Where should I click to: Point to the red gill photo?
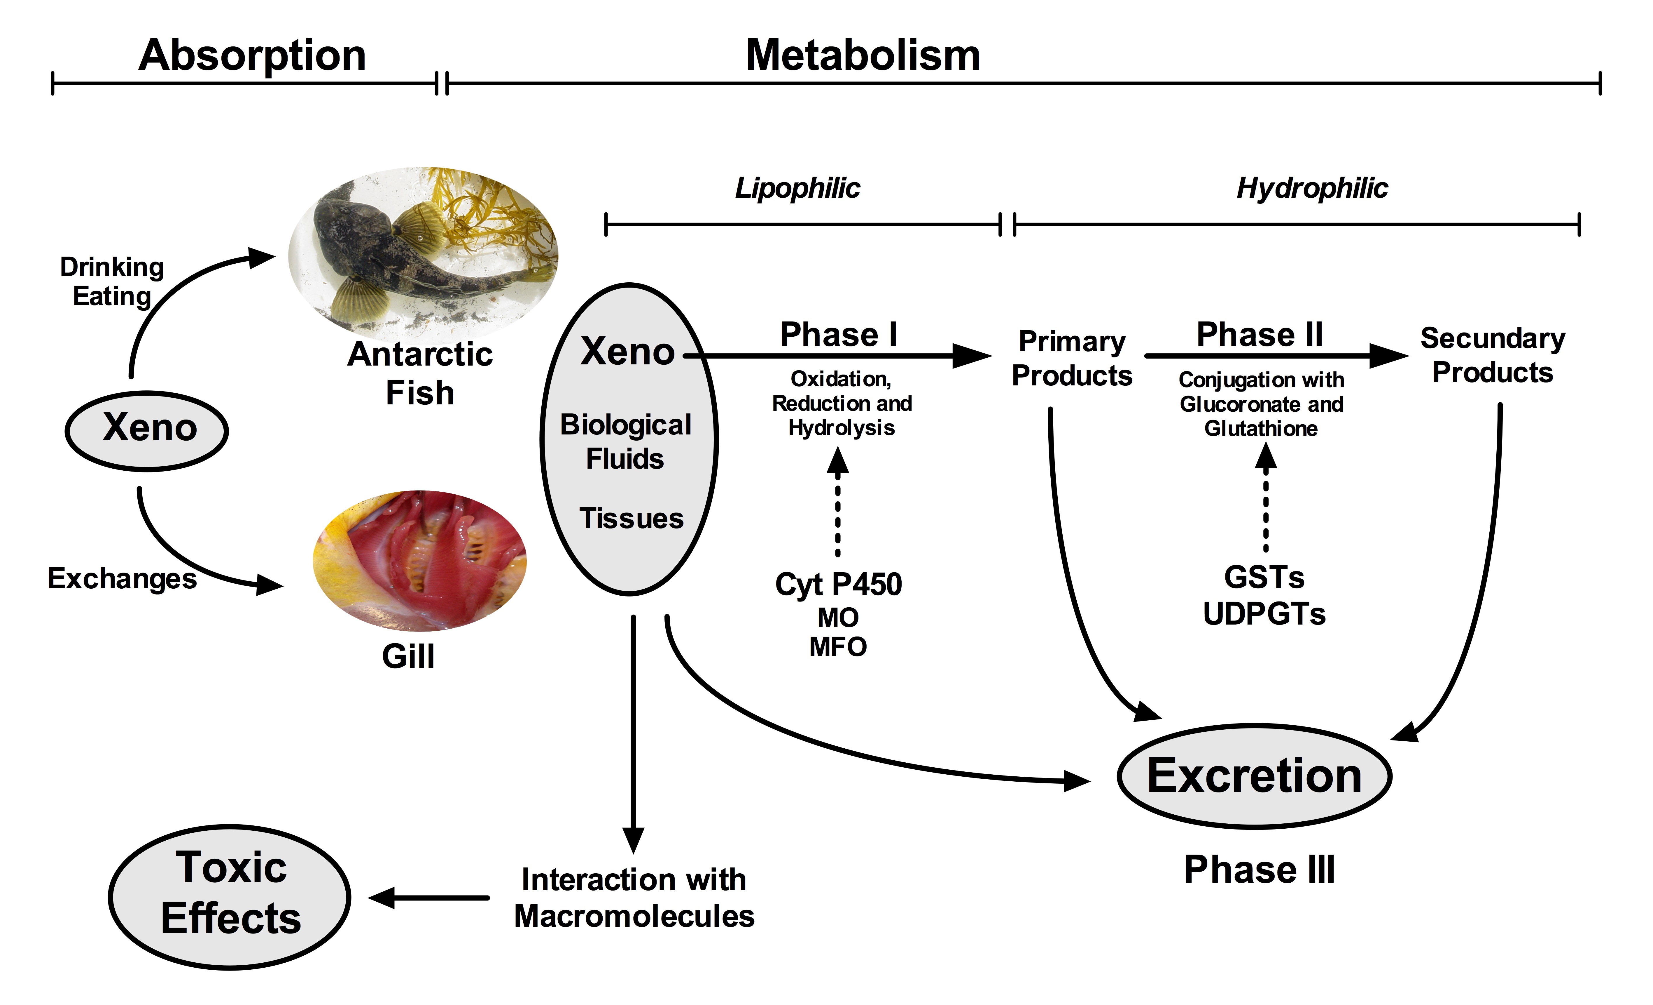click(420, 561)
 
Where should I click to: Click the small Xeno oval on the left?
click(147, 430)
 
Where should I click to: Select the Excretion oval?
click(1254, 776)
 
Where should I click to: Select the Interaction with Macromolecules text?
click(634, 898)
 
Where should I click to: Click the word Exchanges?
click(122, 579)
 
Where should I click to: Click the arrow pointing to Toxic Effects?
click(429, 898)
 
